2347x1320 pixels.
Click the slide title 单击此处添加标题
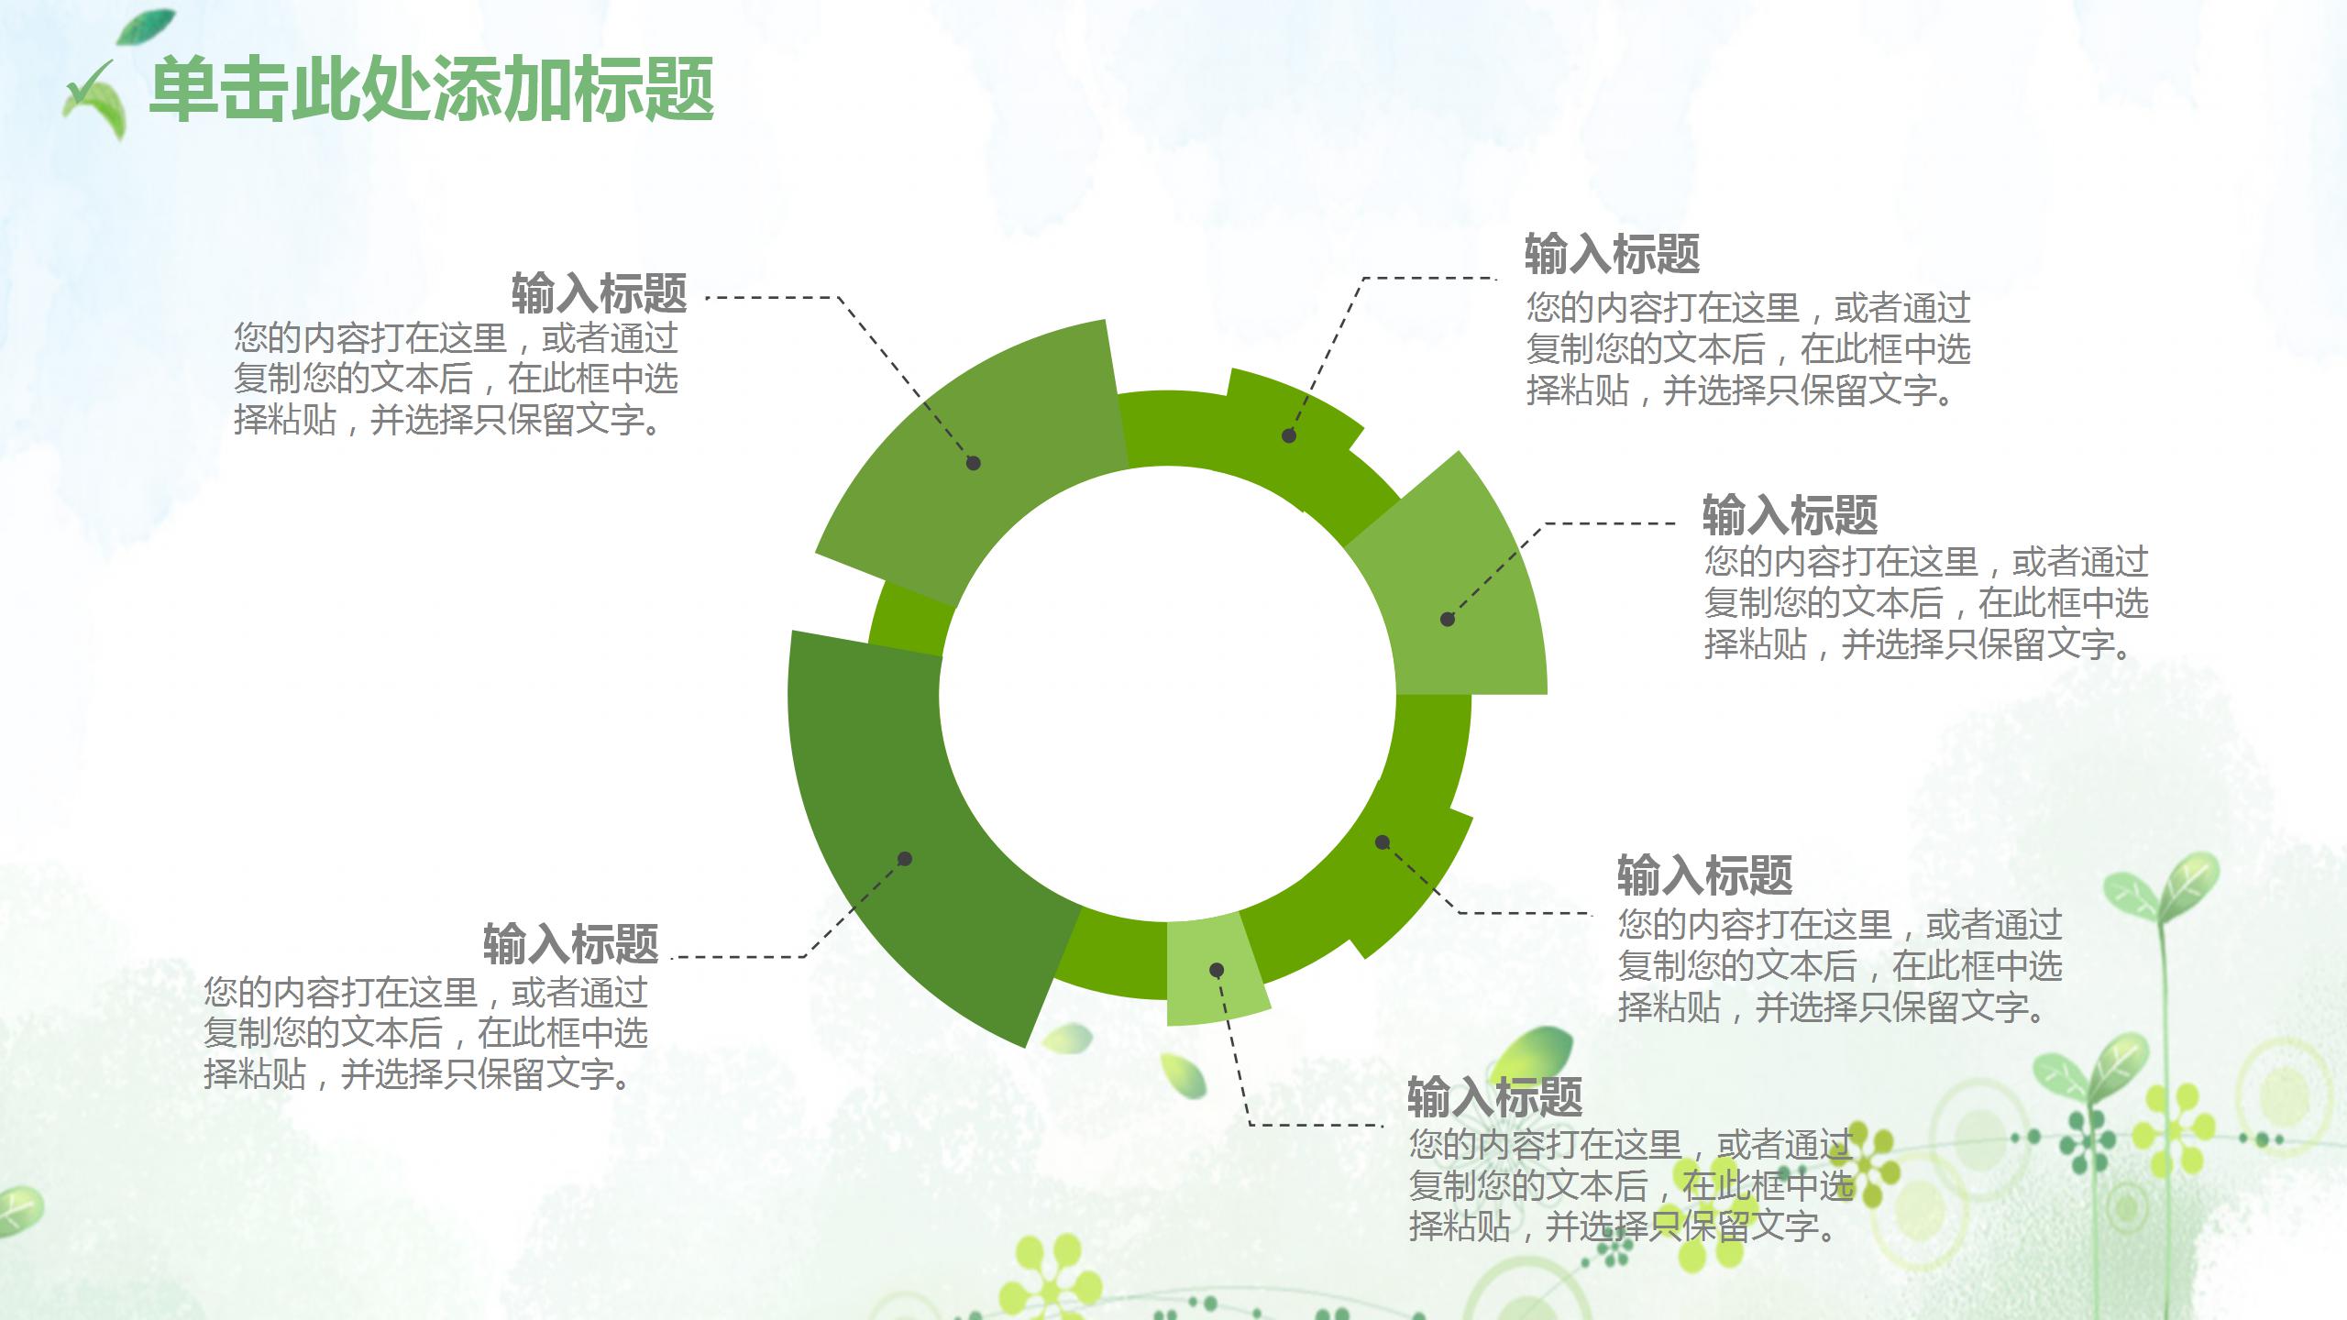431,89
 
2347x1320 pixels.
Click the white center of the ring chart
1167,693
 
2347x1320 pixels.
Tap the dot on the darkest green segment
905,859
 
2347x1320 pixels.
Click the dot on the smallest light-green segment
1217,970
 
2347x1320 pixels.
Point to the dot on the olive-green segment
974,463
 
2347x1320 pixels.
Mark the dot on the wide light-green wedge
1448,620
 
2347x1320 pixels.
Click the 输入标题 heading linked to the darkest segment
570,944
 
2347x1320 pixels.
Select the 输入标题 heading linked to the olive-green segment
599,293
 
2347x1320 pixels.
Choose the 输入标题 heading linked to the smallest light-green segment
1495,1096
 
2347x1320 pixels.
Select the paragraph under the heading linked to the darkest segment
425,1033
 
